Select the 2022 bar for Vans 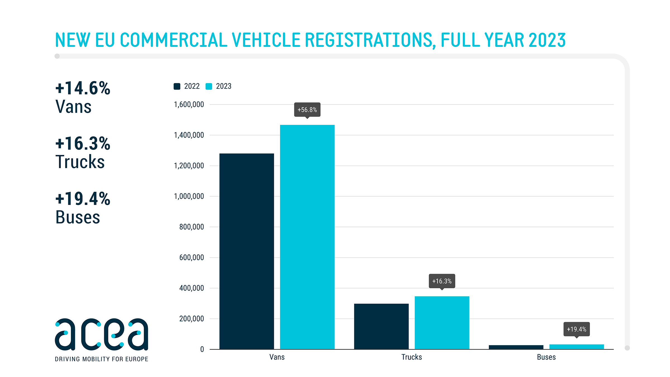coord(247,251)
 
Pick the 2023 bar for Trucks coord(442,323)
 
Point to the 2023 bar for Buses coord(576,347)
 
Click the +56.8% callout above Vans coord(307,110)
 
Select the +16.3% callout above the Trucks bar coord(442,281)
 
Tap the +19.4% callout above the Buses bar coord(576,329)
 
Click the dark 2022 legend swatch coord(177,86)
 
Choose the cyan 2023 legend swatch coord(209,86)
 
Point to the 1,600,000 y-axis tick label coord(189,105)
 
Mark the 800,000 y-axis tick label coord(192,227)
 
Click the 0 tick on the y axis coord(202,349)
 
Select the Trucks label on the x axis coord(411,357)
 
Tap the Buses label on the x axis coord(546,357)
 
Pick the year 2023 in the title coord(547,40)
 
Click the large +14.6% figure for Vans coord(83,88)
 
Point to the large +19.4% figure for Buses coord(83,199)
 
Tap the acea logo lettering coord(101,334)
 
